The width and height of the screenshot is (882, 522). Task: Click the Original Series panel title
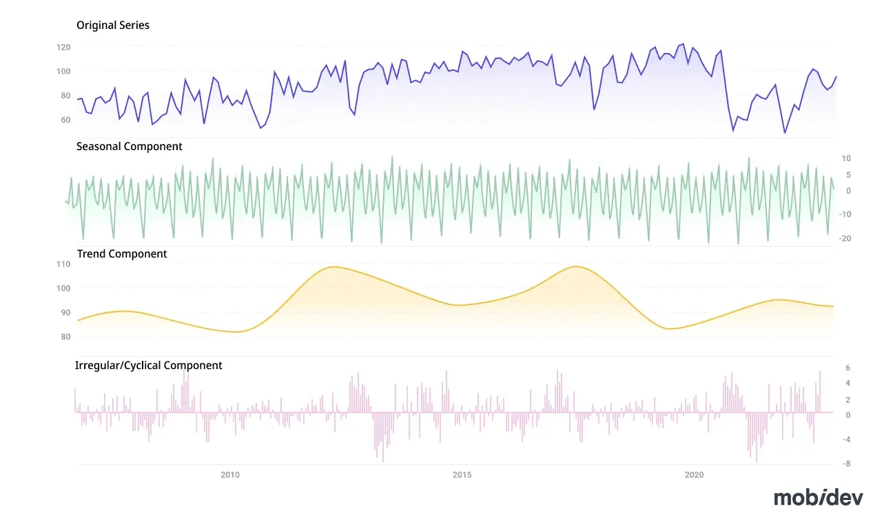click(112, 25)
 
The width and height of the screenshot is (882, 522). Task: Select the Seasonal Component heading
click(129, 147)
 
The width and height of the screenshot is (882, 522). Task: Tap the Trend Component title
click(122, 254)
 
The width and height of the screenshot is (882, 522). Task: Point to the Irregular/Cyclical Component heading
click(148, 365)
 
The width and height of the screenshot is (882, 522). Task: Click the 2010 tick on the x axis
click(230, 474)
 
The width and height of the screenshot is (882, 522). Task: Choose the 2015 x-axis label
click(462, 474)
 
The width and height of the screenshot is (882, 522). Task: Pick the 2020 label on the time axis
click(694, 474)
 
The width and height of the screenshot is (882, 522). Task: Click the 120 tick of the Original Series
click(63, 48)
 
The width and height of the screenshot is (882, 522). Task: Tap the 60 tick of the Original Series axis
click(65, 120)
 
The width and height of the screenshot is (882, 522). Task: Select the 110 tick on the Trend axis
click(63, 264)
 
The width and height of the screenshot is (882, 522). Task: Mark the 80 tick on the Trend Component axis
click(65, 337)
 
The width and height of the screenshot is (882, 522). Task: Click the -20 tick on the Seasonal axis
click(845, 238)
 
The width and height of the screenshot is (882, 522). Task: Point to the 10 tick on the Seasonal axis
click(845, 158)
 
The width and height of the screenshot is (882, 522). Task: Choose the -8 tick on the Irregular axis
click(846, 463)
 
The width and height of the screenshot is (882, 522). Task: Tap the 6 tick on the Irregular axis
click(848, 368)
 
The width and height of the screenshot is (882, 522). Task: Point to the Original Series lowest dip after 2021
click(784, 133)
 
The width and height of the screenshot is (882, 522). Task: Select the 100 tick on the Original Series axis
click(63, 71)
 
